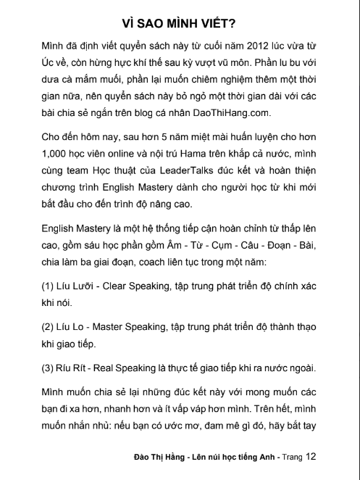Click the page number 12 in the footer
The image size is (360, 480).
[x=311, y=457]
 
